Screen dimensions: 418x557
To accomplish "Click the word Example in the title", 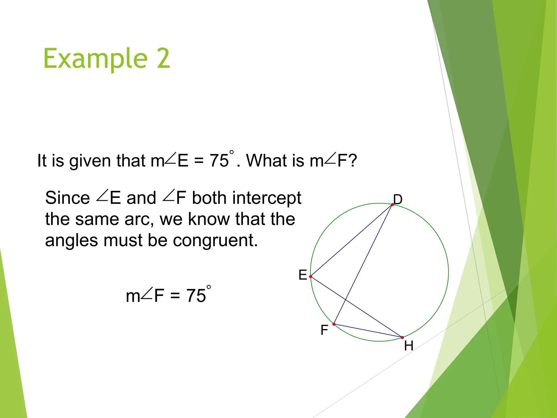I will click(x=95, y=59).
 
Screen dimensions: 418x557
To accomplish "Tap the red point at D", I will click(x=392, y=205).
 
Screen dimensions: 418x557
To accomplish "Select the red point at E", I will click(x=311, y=276).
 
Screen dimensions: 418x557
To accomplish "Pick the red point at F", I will click(x=334, y=324).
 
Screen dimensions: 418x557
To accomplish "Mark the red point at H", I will click(x=403, y=337).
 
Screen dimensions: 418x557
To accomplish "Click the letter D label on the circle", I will click(x=398, y=199).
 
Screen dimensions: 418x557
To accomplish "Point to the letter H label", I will click(x=409, y=346).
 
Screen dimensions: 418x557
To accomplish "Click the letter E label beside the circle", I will click(x=303, y=275).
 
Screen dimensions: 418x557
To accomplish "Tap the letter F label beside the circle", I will click(x=324, y=330).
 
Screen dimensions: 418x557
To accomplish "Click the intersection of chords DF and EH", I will click(x=346, y=300).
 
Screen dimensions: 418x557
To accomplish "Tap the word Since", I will click(x=67, y=198).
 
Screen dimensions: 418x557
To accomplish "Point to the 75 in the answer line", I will click(x=196, y=296).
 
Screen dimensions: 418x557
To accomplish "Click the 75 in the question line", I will click(x=219, y=161).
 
